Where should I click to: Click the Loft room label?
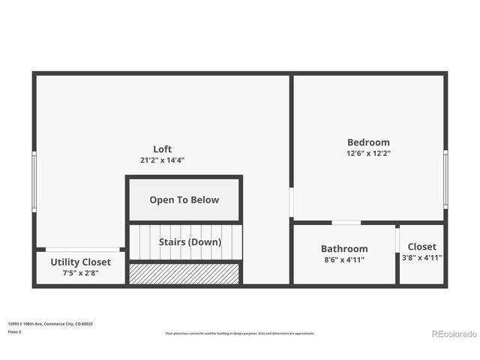pos(163,149)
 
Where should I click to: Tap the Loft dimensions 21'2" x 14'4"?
pos(162,160)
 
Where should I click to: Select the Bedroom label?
pos(368,142)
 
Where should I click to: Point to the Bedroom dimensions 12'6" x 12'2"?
pos(368,153)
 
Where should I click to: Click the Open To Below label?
pos(184,200)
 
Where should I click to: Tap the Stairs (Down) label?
pos(190,242)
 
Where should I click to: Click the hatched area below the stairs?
pos(184,274)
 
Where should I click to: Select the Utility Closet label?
pos(80,262)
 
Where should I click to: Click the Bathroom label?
pos(344,249)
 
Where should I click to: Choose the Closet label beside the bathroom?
pos(421,247)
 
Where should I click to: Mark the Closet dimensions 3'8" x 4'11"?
pos(421,257)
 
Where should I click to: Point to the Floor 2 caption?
pos(14,331)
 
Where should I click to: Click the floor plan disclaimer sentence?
pos(240,334)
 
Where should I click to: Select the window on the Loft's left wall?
pos(34,180)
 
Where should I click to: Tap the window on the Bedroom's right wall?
pos(445,178)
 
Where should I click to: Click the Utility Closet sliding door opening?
pos(82,249)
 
